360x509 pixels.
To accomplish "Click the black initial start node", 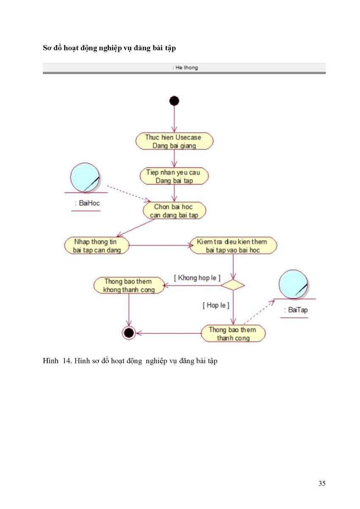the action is pyautogui.click(x=174, y=101).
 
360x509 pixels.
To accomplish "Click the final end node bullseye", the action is pyautogui.click(x=129, y=333).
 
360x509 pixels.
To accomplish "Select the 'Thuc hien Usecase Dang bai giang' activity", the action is pyautogui.click(x=174, y=141).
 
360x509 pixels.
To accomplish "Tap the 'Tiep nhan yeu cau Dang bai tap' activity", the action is pyautogui.click(x=174, y=176).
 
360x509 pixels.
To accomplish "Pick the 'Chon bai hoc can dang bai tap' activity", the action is pyautogui.click(x=174, y=211).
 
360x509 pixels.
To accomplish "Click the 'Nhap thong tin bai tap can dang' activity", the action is pyautogui.click(x=97, y=246).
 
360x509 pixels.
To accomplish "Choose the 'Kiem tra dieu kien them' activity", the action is pyautogui.click(x=233, y=246).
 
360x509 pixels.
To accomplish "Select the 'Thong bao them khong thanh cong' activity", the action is pyautogui.click(x=129, y=285).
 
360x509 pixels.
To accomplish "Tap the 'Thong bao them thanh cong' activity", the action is pyautogui.click(x=233, y=333).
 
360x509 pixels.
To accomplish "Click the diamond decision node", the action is pyautogui.click(x=233, y=285).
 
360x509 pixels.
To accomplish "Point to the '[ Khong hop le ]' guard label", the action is pyautogui.click(x=197, y=278).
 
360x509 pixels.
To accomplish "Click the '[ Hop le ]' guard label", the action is pyautogui.click(x=216, y=305).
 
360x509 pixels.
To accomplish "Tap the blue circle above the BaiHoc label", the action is pyautogui.click(x=85, y=177).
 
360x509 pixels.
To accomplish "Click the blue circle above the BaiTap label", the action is pyautogui.click(x=293, y=284).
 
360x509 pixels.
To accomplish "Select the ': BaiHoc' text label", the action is pyautogui.click(x=88, y=203).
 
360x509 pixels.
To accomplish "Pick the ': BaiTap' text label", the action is pyautogui.click(x=296, y=310).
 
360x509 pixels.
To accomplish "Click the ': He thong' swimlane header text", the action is pyautogui.click(x=185, y=67).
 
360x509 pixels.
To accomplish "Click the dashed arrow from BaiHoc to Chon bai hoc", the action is pyautogui.click(x=129, y=193).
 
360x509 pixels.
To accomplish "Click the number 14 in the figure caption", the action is pyautogui.click(x=67, y=361).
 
